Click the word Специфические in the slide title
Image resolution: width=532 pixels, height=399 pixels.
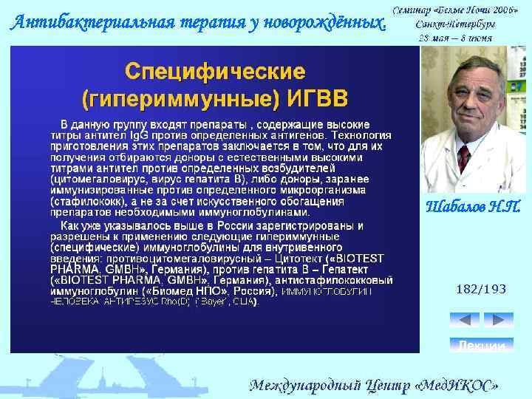214,72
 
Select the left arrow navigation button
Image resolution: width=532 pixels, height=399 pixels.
465,319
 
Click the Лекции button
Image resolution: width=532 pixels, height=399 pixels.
482,345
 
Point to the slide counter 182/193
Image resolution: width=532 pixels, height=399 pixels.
481,289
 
